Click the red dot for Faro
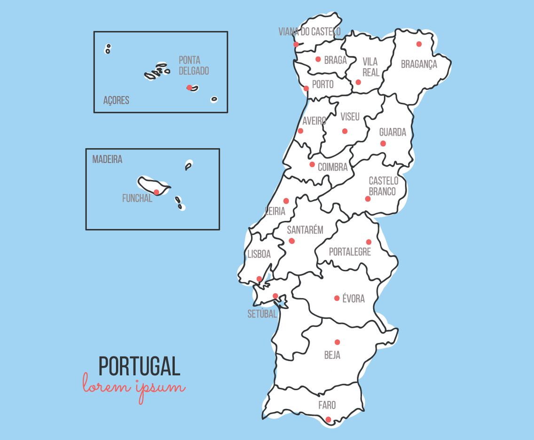point(328,419)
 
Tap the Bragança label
point(419,64)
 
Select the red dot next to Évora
point(337,298)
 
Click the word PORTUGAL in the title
point(139,366)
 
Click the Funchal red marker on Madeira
point(157,192)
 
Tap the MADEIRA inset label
point(107,159)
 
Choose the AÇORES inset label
point(116,101)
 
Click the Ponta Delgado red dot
point(189,87)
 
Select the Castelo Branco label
point(383,186)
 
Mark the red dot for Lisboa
point(259,279)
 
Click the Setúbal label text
point(262,314)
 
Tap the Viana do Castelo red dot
point(296,44)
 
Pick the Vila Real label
point(370,67)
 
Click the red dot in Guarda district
point(383,143)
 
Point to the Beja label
point(332,355)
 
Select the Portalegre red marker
point(369,242)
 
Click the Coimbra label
point(332,167)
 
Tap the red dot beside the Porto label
point(306,88)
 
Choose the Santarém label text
point(305,230)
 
